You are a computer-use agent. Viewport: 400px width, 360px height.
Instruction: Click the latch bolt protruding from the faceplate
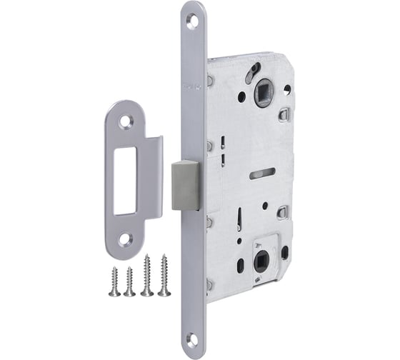pyautogui.click(x=185, y=184)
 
